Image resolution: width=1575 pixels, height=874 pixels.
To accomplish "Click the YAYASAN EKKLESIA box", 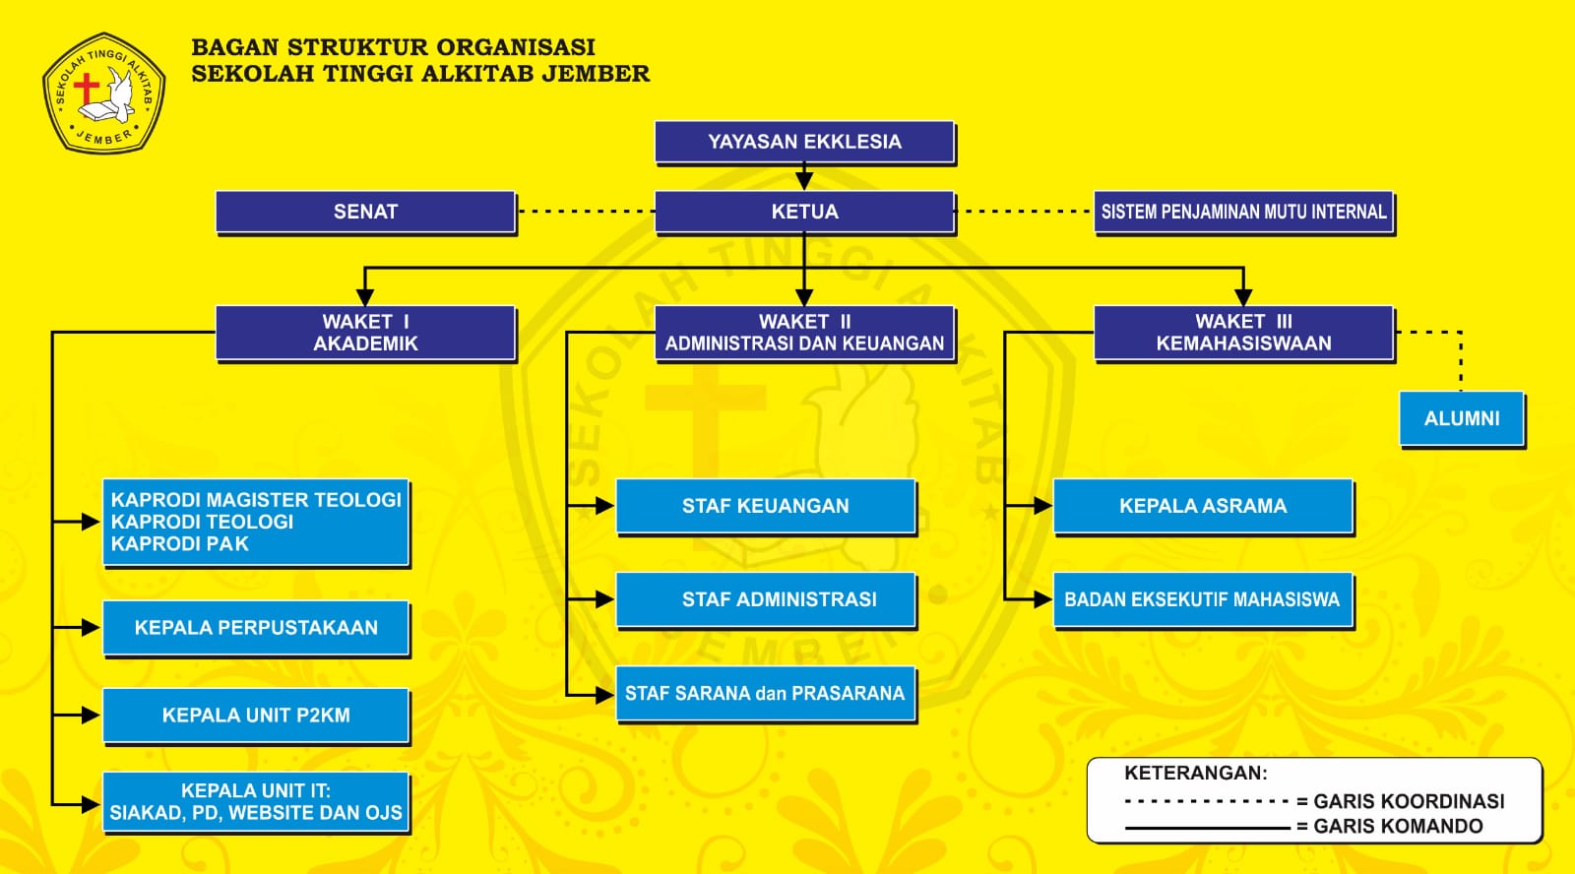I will click(x=804, y=142).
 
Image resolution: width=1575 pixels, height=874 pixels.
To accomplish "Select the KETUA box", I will click(x=804, y=212).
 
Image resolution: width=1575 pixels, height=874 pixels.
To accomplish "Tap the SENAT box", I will click(x=365, y=212).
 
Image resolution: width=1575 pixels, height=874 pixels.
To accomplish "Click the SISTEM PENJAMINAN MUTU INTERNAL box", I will click(x=1243, y=212).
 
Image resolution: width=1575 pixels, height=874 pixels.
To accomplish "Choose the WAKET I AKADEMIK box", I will click(x=365, y=333).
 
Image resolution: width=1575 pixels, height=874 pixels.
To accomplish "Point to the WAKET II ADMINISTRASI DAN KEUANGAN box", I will click(x=804, y=333).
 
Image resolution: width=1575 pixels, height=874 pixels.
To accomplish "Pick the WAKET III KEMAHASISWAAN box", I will click(x=1243, y=333).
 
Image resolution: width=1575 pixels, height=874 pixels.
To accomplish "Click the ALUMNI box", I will click(x=1462, y=418).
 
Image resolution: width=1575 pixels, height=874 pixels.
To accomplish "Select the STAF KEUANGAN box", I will click(x=765, y=506).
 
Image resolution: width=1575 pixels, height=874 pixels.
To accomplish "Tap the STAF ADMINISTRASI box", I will click(x=765, y=599).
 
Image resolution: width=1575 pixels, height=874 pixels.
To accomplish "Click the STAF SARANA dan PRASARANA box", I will click(x=765, y=694).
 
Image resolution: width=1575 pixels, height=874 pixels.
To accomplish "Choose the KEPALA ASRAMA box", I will click(x=1202, y=506).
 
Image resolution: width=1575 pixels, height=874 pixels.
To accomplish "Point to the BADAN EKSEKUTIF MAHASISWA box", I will click(x=1202, y=599).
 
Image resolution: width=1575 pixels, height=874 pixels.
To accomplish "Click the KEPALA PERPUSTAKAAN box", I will click(x=256, y=628).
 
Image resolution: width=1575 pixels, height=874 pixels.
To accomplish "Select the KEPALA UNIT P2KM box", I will click(x=256, y=716).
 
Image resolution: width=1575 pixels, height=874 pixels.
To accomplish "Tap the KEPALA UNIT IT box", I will click(x=256, y=802).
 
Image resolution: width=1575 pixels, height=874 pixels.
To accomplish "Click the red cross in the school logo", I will click(x=87, y=89).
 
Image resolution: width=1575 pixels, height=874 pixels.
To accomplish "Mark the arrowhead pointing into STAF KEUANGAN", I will click(x=604, y=506).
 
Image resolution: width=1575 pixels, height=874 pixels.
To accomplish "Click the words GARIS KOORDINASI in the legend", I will click(x=1409, y=801).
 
